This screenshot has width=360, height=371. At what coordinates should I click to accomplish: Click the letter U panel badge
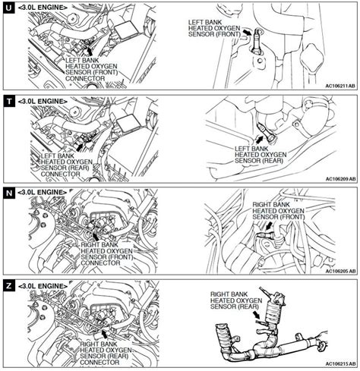(8, 8)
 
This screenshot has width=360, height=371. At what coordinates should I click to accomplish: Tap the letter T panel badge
(9, 102)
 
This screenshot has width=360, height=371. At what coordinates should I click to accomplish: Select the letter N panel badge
(9, 193)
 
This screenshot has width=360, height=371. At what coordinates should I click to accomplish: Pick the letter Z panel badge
(9, 286)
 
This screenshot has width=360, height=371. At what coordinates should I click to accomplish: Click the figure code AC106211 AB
(340, 86)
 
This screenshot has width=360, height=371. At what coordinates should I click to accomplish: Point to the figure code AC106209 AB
(340, 179)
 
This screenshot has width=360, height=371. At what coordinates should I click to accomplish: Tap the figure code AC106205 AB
(340, 271)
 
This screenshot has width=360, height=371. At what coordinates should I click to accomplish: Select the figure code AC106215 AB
(340, 364)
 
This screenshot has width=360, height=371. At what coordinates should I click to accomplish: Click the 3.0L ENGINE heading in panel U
(43, 8)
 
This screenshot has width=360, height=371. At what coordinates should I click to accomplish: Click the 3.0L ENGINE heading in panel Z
(43, 286)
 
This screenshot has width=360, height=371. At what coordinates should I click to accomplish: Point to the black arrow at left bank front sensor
(247, 32)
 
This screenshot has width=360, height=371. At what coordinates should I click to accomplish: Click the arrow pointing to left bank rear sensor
(259, 139)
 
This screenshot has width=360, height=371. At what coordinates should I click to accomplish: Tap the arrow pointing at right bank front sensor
(270, 225)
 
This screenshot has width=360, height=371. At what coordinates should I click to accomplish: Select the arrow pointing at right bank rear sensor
(257, 315)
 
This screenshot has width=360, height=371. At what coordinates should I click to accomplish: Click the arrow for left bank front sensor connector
(90, 52)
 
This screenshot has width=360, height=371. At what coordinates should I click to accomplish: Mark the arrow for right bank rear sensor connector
(104, 334)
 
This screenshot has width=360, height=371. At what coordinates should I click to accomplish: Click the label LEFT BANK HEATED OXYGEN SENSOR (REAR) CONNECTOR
(67, 165)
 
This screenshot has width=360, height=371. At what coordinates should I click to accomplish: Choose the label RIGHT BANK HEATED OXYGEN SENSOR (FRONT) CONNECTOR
(107, 254)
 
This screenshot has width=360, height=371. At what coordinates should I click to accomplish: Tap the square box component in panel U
(126, 30)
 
